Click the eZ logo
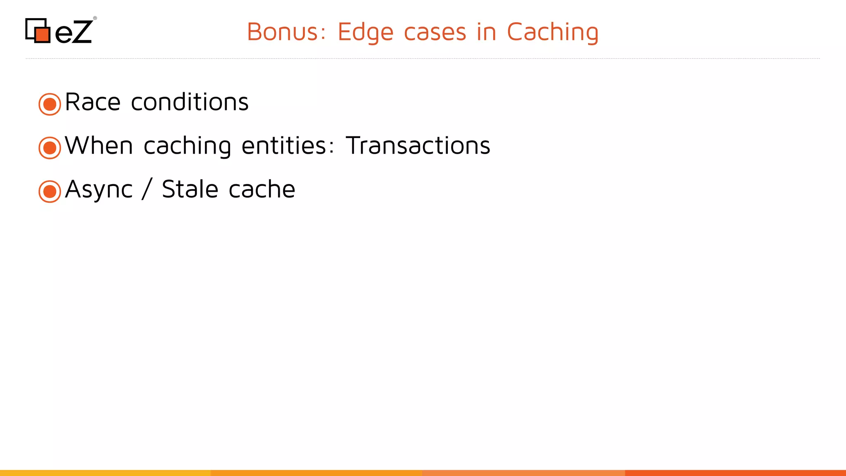60,31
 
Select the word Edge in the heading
365,33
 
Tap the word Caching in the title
552,33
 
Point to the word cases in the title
435,33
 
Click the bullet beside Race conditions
50,104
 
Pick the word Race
93,102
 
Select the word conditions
190,102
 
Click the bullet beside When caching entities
50,148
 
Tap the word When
99,146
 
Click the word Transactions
418,146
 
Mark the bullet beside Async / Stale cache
50,191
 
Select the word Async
99,190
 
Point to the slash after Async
147,189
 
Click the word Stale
190,189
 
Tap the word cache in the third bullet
261,189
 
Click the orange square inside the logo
42,34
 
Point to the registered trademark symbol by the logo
95,18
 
